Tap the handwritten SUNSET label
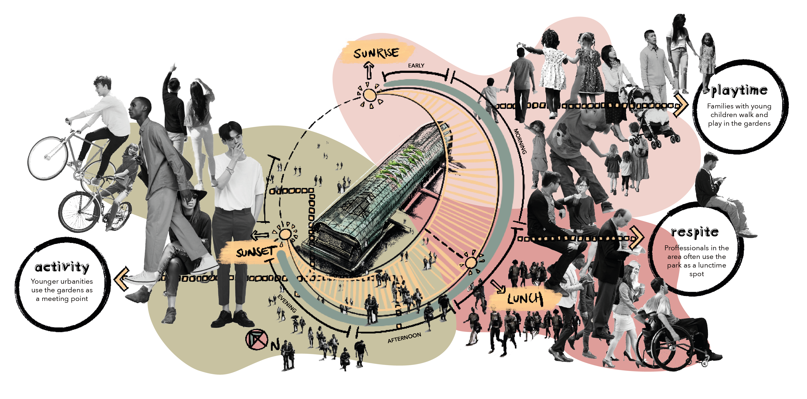coord(256,252)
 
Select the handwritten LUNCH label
coord(525,299)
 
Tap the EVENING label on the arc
coord(287,303)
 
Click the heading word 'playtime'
coord(739,91)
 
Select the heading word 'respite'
coord(695,232)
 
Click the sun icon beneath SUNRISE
coord(370,95)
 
